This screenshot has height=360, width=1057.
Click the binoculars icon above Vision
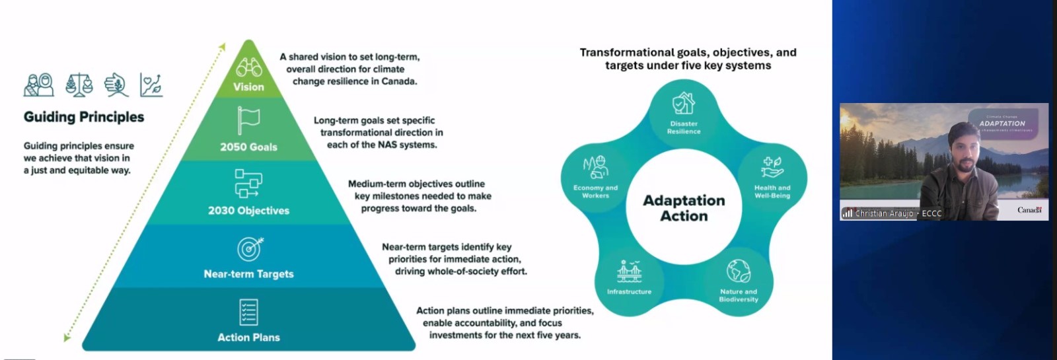pos(249,67)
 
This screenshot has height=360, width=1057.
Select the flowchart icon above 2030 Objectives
pos(248,184)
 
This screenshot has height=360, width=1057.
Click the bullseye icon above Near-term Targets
pos(250,248)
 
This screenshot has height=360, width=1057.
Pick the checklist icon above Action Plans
pos(248,312)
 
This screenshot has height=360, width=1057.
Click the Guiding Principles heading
pos(84,117)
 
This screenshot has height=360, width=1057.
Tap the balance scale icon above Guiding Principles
pos(79,85)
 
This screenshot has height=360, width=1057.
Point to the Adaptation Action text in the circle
pos(684,208)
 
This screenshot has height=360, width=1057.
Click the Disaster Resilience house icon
pos(684,104)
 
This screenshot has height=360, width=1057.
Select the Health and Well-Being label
pos(772,192)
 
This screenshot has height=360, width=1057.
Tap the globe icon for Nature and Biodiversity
pos(739,271)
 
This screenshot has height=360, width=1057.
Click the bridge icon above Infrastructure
pos(629,271)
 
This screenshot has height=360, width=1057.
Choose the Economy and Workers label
pos(595,192)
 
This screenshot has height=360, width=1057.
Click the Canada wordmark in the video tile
pos(1029,210)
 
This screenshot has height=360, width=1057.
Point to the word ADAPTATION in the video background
pos(1002,124)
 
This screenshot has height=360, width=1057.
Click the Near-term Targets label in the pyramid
pos(248,274)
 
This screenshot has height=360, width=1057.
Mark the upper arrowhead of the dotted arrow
pos(223,47)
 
